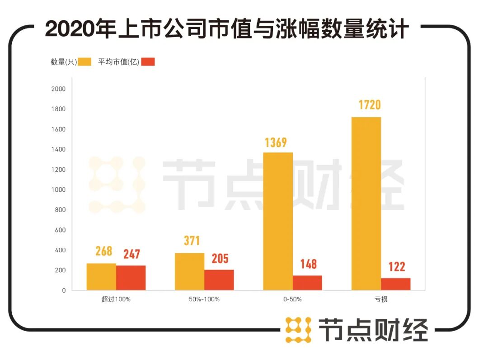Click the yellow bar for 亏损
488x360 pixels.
coord(366,204)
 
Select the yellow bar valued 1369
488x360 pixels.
coord(278,221)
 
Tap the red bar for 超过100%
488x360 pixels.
coord(131,278)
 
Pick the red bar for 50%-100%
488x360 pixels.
coord(219,280)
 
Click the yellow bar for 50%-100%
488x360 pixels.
coord(190,271)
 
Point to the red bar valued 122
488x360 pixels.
coord(395,284)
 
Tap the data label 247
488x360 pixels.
coord(131,254)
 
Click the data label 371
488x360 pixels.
coord(189,241)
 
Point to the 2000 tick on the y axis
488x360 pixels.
coord(59,89)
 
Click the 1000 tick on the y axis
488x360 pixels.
coord(59,190)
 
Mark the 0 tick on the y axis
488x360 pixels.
coord(64,290)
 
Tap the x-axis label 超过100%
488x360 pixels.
coord(116,299)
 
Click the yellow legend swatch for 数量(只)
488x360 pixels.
coord(84,62)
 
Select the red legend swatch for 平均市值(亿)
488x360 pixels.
coord(148,62)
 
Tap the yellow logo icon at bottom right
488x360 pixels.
coord(298,329)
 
